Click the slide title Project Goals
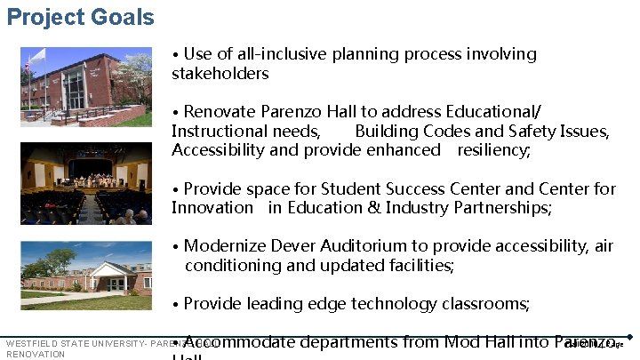80,17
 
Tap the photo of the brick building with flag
86,86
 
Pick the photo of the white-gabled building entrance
86,273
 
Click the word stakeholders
220,73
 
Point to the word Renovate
220,111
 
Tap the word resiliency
493,149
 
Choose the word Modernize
228,246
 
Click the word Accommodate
238,341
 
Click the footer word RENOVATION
36,354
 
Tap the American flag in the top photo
28,64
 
